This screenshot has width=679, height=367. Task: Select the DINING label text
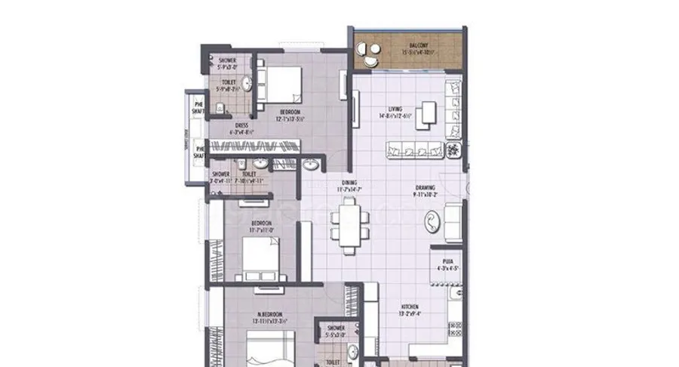pos(349,181)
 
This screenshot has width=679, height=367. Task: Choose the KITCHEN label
pos(409,307)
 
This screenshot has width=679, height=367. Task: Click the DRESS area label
pos(241,125)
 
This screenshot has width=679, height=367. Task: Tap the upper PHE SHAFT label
pos(198,106)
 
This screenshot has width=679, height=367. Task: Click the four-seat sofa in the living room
pos(416,149)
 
